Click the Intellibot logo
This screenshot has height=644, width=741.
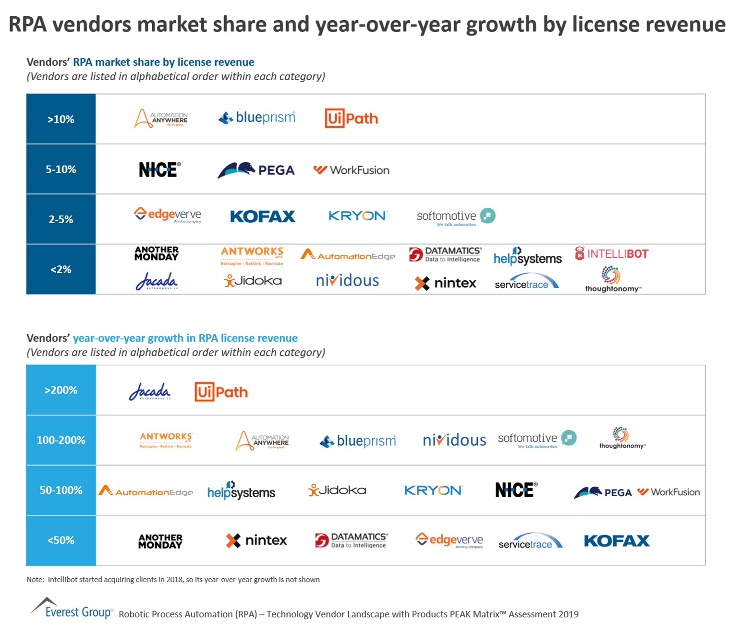point(612,254)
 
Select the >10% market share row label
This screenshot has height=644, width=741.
point(61,119)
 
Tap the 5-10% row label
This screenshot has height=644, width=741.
point(61,169)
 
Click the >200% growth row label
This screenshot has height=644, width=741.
point(61,390)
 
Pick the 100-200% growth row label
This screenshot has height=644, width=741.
point(61,440)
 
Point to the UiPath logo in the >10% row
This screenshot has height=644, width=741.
point(352,119)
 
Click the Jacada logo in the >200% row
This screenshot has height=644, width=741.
point(150,392)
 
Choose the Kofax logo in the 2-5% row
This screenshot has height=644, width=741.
point(263,216)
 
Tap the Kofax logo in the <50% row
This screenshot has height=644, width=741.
point(617,541)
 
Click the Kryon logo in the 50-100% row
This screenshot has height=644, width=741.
point(433,490)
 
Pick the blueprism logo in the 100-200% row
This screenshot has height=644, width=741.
point(358,441)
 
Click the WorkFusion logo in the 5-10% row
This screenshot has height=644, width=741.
point(352,170)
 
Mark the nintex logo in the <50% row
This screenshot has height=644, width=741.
point(256,540)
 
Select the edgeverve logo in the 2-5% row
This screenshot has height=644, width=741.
point(168,215)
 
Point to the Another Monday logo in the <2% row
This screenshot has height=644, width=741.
point(157,253)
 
